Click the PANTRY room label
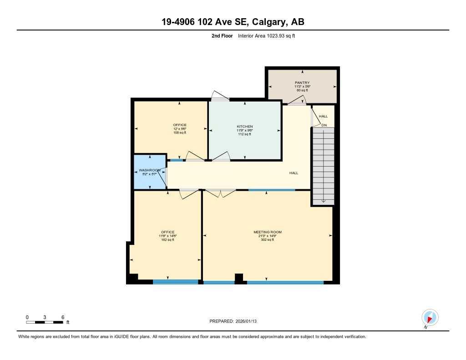(302, 83)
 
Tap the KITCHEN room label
(244, 127)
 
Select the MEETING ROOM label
(268, 232)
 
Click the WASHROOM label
(149, 170)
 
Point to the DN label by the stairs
(324, 125)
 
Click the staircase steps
(323, 166)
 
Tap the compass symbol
(430, 317)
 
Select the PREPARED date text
(233, 321)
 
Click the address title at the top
(233, 22)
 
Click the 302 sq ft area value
(268, 240)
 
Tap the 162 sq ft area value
(167, 240)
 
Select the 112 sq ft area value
(244, 134)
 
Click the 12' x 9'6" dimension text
(179, 129)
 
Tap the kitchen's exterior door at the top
(220, 96)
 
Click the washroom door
(162, 176)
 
